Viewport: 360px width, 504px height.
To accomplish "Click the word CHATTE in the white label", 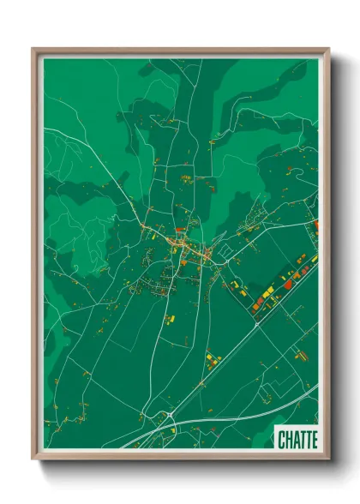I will [297, 440].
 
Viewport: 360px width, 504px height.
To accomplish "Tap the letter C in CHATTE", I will [282, 440].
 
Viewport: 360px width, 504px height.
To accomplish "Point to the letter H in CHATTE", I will [288, 440].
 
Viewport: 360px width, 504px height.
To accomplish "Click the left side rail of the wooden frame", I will [37, 257].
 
